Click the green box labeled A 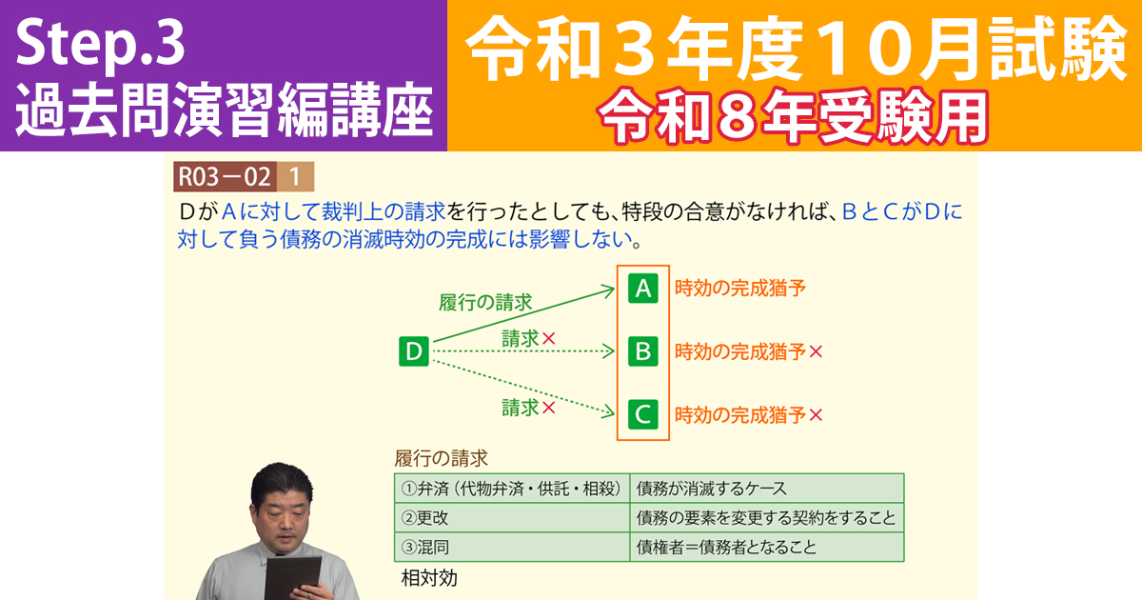[x=643, y=289]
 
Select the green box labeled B [x=643, y=351]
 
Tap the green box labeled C [x=643, y=414]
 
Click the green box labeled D [x=414, y=351]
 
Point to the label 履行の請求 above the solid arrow [x=485, y=303]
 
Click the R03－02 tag [x=225, y=176]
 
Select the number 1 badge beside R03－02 [x=295, y=176]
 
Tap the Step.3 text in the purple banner [x=100, y=43]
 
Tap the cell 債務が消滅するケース [x=711, y=489]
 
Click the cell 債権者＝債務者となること [x=726, y=548]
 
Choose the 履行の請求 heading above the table [x=442, y=457]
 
